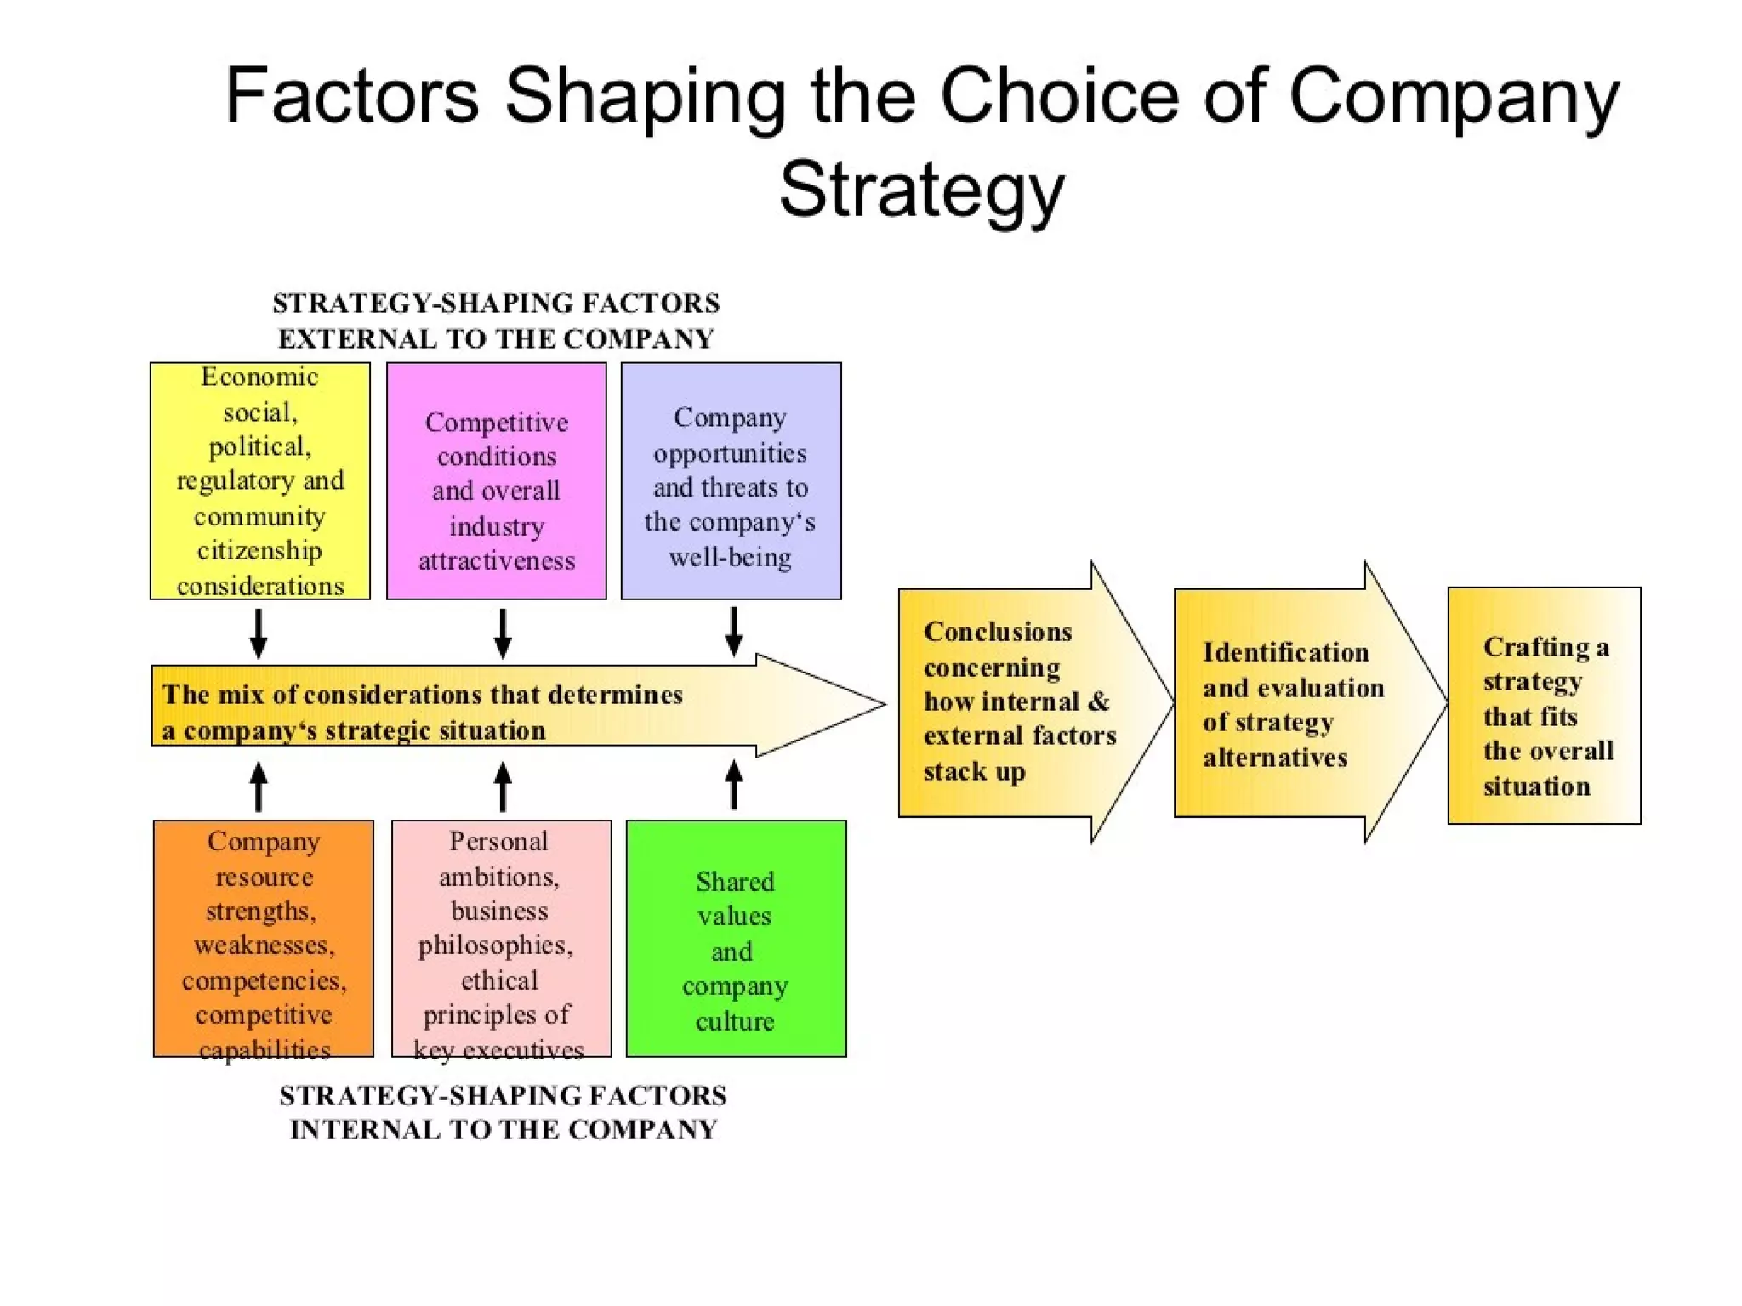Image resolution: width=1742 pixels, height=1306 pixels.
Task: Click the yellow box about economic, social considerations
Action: [259, 481]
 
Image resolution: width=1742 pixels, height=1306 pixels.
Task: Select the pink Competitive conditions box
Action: [496, 481]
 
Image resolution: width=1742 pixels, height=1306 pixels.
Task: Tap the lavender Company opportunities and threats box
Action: [731, 481]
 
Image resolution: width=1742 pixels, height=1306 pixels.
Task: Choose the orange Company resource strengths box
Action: [263, 938]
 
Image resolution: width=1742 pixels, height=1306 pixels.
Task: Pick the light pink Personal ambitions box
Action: [501, 938]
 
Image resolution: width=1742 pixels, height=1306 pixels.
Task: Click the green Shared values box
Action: [736, 938]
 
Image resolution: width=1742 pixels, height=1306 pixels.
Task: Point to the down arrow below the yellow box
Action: [259, 634]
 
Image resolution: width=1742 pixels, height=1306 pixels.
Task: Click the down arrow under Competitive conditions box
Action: [503, 634]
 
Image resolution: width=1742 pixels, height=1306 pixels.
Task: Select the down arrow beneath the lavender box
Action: [734, 633]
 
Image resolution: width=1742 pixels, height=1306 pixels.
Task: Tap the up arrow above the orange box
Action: [259, 786]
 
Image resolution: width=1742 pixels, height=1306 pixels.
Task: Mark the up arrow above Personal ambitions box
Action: [503, 786]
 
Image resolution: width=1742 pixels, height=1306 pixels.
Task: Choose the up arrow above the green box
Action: [734, 784]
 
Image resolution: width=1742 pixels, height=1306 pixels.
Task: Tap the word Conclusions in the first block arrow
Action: [998, 632]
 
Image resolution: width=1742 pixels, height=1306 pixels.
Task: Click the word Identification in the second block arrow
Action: [1285, 652]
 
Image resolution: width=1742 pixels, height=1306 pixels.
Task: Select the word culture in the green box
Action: [735, 1021]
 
